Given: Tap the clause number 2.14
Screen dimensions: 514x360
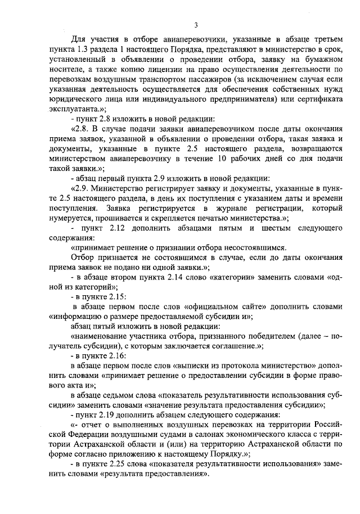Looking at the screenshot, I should [x=169, y=277].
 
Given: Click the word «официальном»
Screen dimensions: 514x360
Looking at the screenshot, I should [x=183, y=306].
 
